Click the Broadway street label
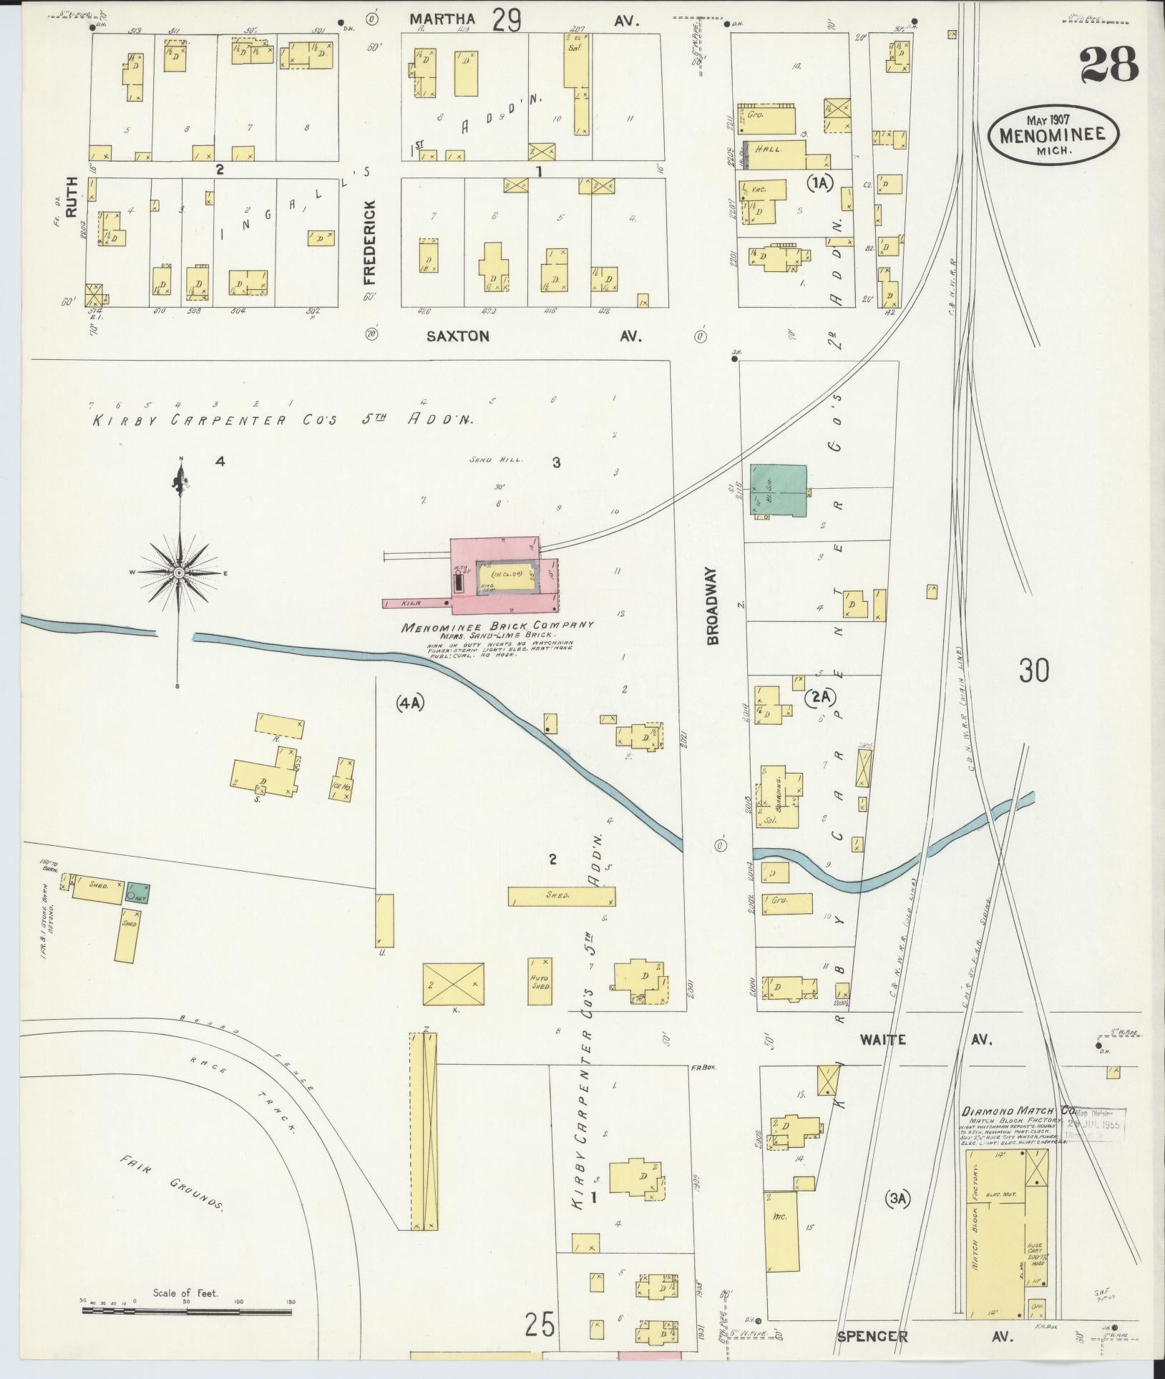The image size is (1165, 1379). coord(713,607)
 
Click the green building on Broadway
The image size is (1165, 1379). coord(777,490)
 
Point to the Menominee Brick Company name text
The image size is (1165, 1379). coord(498,626)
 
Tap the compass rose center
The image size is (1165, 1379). coord(178,573)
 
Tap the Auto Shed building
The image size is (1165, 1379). coord(540,983)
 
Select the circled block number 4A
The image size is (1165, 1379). coord(410,703)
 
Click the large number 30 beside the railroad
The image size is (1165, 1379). coord(1034,671)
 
